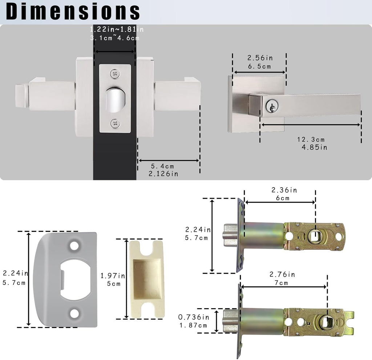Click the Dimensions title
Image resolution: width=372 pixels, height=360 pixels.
73,11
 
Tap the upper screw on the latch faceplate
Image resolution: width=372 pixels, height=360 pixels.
115,74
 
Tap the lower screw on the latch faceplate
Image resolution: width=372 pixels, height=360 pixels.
115,123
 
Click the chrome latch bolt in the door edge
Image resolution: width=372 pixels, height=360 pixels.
115,99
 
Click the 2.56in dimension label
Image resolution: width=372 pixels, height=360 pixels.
260,58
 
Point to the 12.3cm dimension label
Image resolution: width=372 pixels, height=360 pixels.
311,139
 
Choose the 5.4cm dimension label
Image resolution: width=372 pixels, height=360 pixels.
162,166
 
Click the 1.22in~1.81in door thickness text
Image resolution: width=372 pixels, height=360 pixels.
117,29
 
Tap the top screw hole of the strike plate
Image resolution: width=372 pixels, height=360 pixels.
74,246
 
